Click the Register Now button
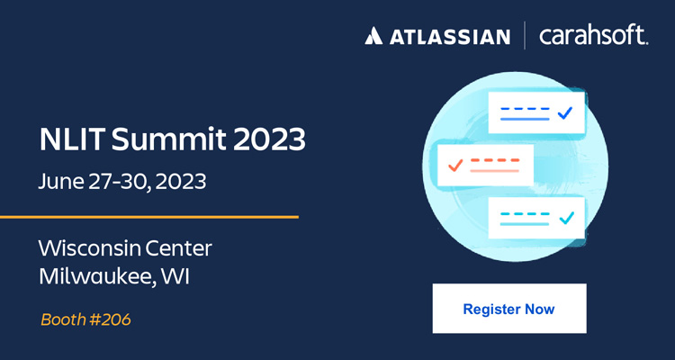509,309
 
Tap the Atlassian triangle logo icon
373,36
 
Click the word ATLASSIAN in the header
450,37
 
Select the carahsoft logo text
594,35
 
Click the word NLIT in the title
71,139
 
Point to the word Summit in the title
168,139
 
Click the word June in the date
60,182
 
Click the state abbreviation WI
175,277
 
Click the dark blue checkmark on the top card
564,113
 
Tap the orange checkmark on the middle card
455,166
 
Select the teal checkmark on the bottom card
567,218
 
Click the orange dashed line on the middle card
495,160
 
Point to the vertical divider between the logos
525,36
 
